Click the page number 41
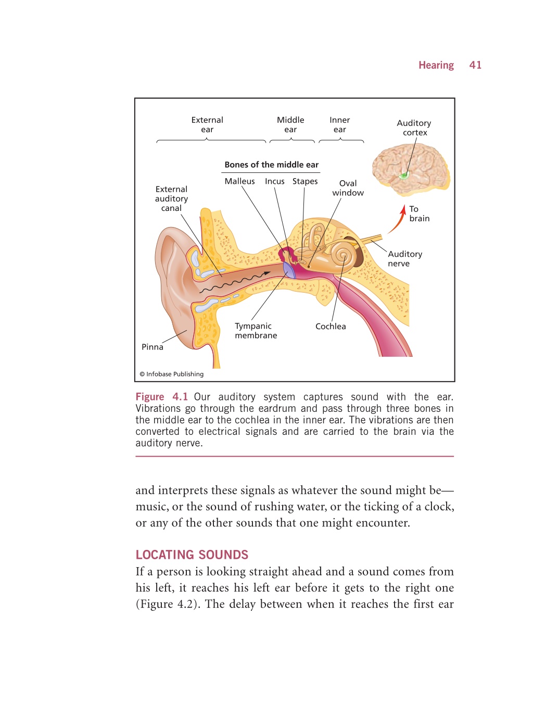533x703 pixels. [x=475, y=65]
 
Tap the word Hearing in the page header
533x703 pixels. [x=436, y=65]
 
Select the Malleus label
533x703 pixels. [x=239, y=181]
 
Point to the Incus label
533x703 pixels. [x=274, y=181]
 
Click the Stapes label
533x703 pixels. [x=304, y=182]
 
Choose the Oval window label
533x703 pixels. [x=348, y=188]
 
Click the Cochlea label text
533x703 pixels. [x=331, y=327]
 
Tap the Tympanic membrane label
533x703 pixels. [x=256, y=331]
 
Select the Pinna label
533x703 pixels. [x=152, y=347]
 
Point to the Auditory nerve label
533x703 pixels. [x=405, y=259]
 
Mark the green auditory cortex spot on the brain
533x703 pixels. [x=404, y=175]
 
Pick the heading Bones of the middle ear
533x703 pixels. [x=272, y=165]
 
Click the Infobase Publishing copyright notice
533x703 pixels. [x=172, y=374]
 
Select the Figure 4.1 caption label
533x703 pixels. [x=162, y=397]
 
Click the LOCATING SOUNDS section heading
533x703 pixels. [x=192, y=555]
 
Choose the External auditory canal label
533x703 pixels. [x=171, y=198]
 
